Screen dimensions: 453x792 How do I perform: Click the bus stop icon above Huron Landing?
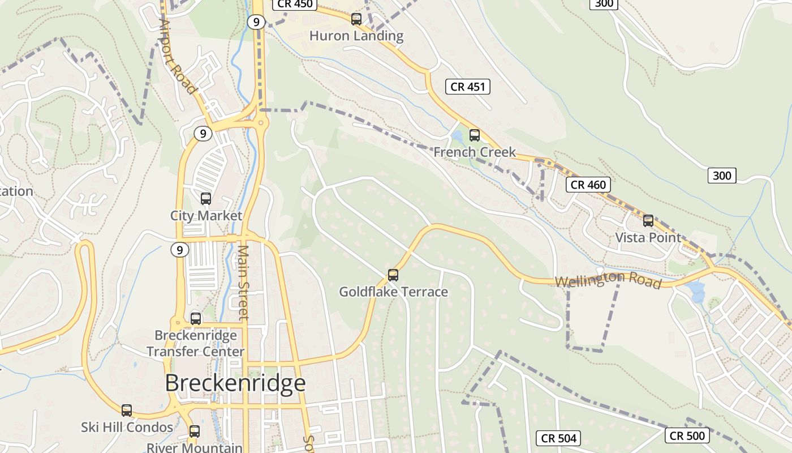[x=356, y=19]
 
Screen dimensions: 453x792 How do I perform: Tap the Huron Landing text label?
[x=356, y=36]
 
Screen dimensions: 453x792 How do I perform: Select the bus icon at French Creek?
[x=475, y=135]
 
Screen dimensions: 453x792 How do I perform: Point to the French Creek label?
[x=475, y=152]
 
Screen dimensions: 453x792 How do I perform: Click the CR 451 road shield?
[x=468, y=87]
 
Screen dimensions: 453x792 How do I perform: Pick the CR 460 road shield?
[x=588, y=185]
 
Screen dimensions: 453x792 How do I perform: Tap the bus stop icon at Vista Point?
[x=648, y=221]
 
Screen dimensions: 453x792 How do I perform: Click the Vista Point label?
[x=648, y=237]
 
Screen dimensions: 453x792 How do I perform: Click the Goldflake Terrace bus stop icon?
[x=393, y=275]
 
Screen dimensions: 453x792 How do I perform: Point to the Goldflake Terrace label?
[x=393, y=292]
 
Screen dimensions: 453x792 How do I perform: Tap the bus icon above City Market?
[x=206, y=199]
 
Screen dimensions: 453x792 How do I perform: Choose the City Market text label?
[x=206, y=216]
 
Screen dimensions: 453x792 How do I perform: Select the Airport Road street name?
[x=177, y=57]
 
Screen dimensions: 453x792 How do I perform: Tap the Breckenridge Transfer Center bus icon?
[x=196, y=318]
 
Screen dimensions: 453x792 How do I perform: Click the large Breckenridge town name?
[x=235, y=383]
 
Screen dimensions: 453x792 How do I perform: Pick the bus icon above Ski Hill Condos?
[x=127, y=411]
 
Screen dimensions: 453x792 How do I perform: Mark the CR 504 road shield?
[x=558, y=438]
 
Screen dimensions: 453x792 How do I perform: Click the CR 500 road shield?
[x=687, y=435]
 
